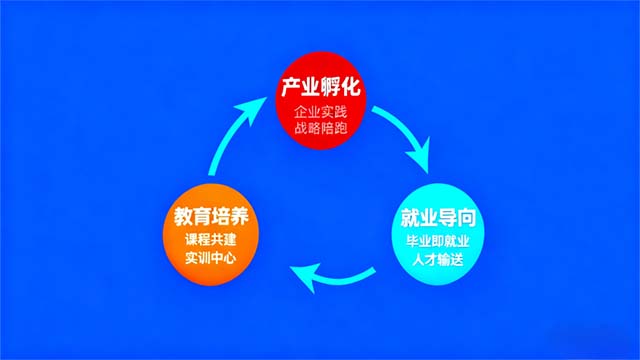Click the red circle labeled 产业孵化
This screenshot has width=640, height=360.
pos(320,105)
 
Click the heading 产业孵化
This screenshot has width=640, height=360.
pos(320,89)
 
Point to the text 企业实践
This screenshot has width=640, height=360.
pos(320,112)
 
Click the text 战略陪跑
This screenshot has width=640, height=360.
pos(320,129)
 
